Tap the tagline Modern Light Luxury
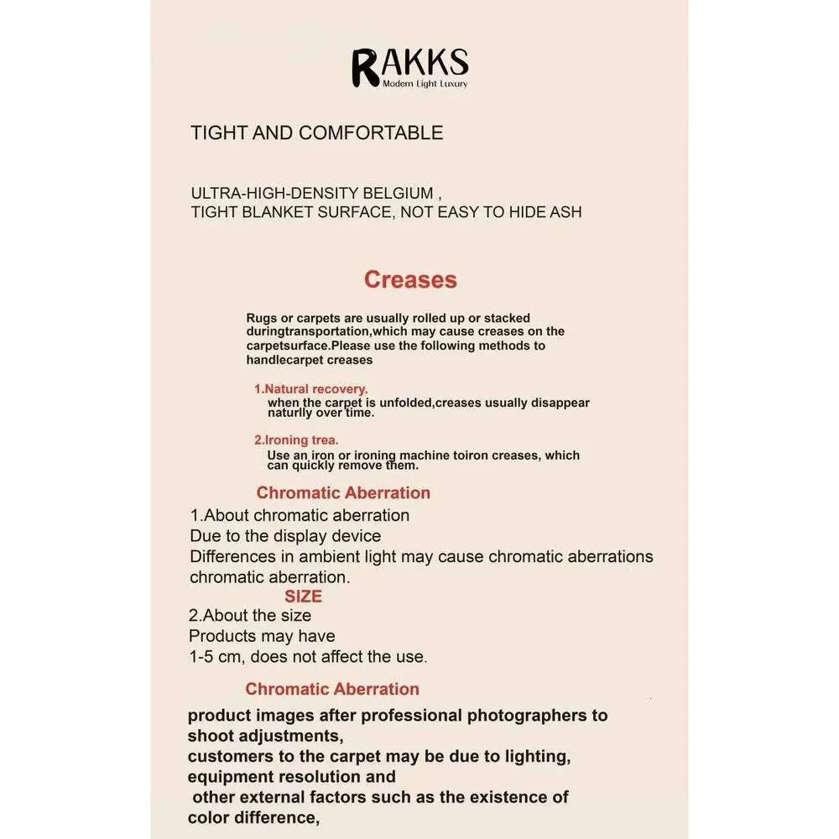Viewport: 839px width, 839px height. pyautogui.click(x=425, y=84)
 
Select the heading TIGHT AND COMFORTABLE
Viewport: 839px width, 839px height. pyautogui.click(x=316, y=133)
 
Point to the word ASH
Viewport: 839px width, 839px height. pyautogui.click(x=565, y=211)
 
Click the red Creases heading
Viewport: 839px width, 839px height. pyautogui.click(x=410, y=279)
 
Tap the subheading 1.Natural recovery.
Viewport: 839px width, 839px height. pyautogui.click(x=311, y=389)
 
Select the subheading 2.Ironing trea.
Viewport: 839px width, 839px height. pyautogui.click(x=296, y=440)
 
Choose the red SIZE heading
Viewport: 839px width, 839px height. pyautogui.click(x=303, y=597)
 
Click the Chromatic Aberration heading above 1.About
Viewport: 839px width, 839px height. pyautogui.click(x=343, y=492)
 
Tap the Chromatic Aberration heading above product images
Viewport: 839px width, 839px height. pyautogui.click(x=332, y=689)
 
